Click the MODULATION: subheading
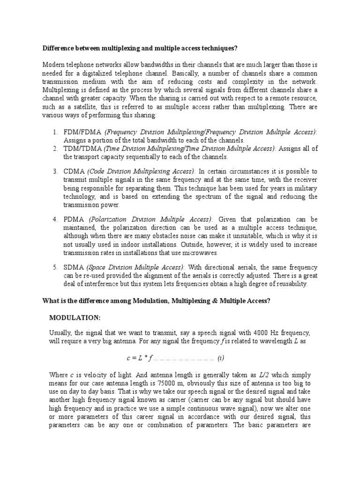pos(75,317)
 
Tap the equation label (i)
pos(220,358)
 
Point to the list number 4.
pos(54,219)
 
